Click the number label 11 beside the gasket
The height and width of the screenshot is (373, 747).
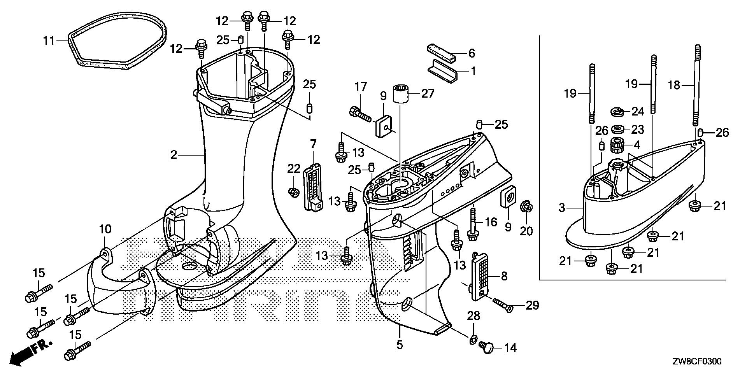tap(49, 40)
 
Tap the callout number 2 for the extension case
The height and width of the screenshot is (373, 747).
tap(174, 155)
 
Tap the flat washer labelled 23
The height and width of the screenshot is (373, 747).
tap(617, 129)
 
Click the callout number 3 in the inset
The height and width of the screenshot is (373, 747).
tap(561, 208)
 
